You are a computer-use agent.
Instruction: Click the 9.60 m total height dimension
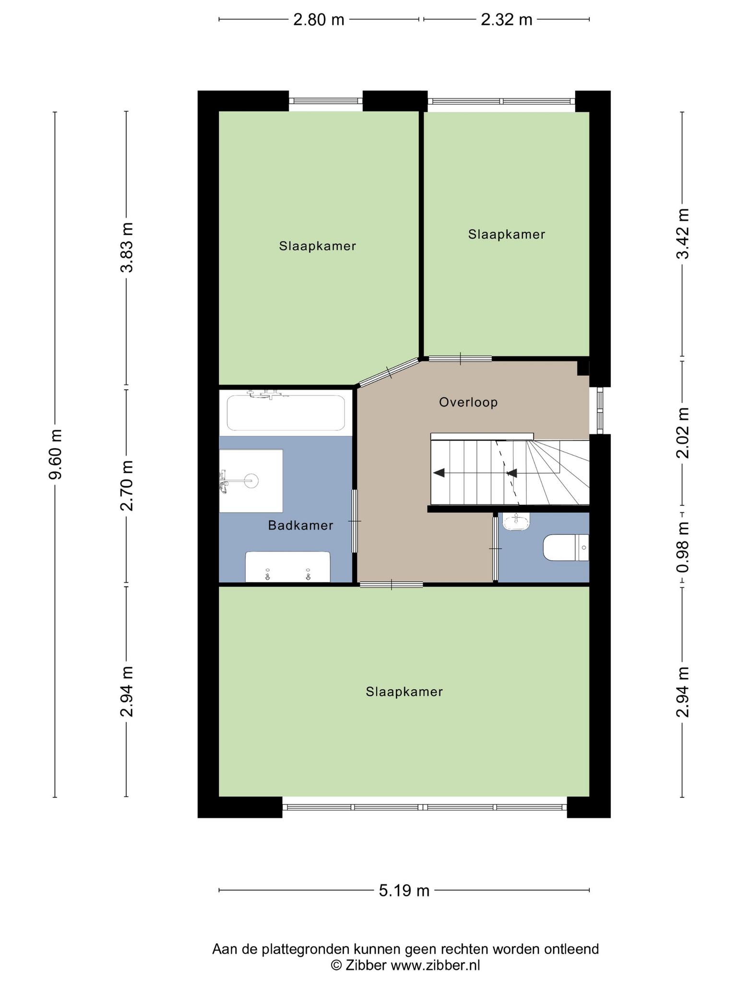(x=56, y=454)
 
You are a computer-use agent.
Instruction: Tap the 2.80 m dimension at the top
(x=319, y=20)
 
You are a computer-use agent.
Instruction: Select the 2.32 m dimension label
(x=507, y=20)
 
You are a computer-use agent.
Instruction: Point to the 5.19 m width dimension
(x=404, y=890)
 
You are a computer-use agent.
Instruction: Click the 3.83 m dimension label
(x=127, y=247)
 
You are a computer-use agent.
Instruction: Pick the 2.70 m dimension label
(x=127, y=485)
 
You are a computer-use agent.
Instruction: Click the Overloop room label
(x=468, y=402)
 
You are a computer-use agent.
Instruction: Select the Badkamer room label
(x=300, y=526)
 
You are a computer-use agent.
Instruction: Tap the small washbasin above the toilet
(x=516, y=522)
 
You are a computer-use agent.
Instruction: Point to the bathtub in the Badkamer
(x=286, y=413)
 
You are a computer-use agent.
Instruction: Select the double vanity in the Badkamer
(x=288, y=567)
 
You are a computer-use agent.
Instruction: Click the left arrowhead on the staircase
(x=439, y=473)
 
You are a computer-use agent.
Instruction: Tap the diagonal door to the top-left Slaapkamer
(x=389, y=372)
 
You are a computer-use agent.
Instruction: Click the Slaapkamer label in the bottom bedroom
(x=404, y=692)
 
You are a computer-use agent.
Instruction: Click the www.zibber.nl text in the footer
(x=435, y=965)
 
